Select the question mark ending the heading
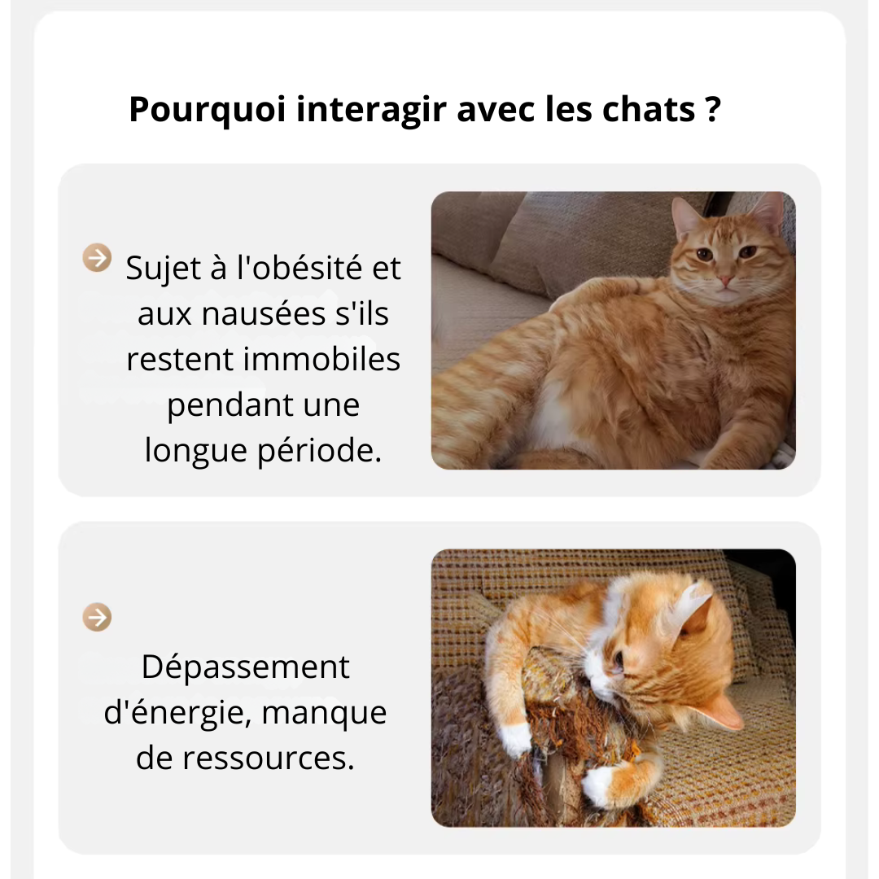click(713, 110)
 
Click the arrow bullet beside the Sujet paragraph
click(97, 258)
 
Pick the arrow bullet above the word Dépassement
click(97, 617)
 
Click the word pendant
click(215, 405)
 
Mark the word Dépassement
click(245, 667)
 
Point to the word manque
click(324, 713)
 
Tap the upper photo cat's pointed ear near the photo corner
click(768, 212)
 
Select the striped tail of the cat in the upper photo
click(480, 383)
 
